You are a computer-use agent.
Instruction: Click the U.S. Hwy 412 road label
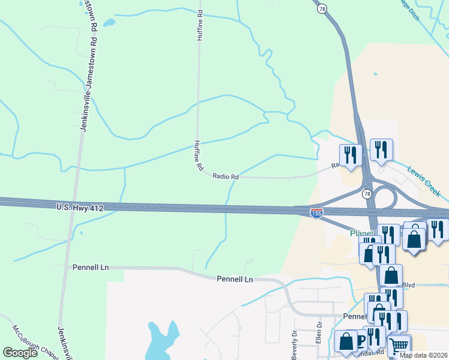coord(80,208)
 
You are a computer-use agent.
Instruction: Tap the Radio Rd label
coord(226,176)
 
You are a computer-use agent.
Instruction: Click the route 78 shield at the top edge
coord(323,8)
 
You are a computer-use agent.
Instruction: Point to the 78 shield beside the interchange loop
coord(366,194)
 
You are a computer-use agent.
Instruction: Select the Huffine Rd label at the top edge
coord(200,25)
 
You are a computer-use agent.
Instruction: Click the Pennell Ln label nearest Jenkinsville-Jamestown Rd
coord(91,266)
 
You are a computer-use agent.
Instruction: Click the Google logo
coord(20,353)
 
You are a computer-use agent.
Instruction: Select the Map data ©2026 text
coord(424,355)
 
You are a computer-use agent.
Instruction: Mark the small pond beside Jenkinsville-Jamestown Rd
coord(109,23)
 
